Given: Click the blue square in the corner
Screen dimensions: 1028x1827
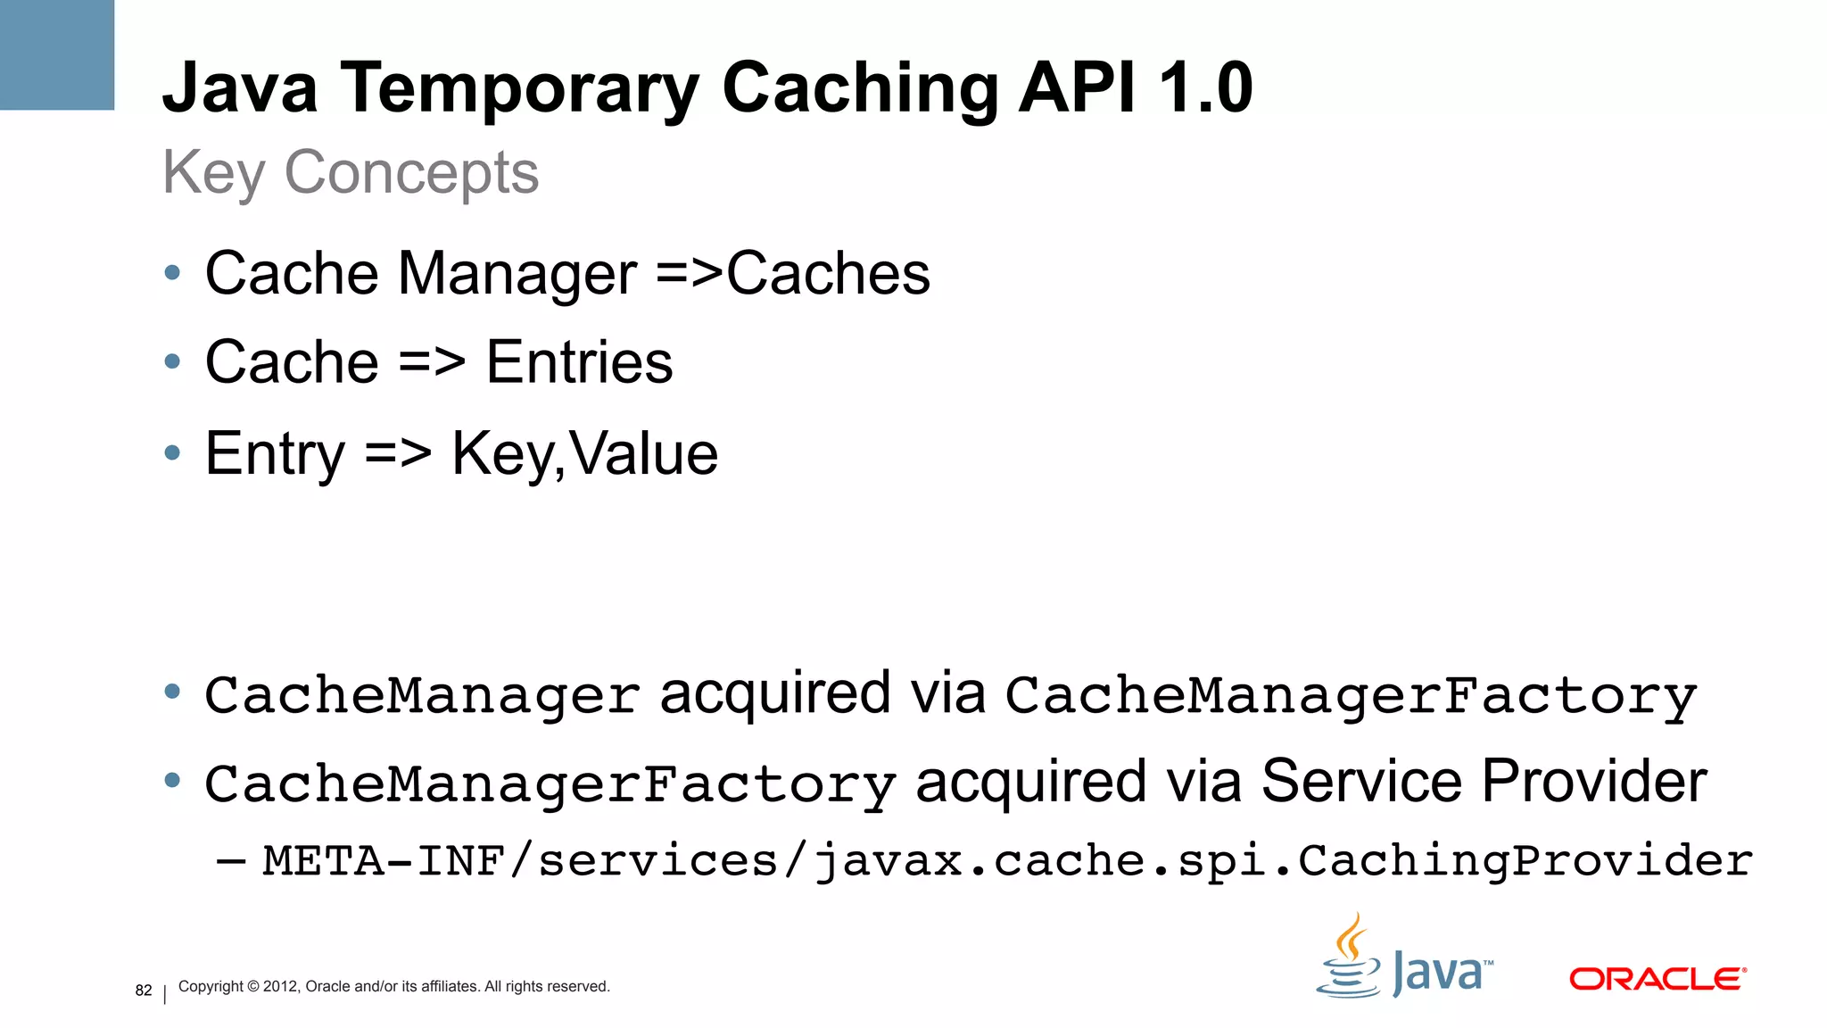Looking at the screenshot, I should (56, 54).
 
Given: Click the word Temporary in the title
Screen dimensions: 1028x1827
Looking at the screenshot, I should (520, 89).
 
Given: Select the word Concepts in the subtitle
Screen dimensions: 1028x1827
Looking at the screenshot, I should (411, 172).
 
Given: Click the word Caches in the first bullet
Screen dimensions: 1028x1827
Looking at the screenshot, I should (828, 273).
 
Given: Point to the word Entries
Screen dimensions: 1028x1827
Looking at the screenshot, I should (579, 362).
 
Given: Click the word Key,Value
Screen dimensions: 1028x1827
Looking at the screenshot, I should (584, 454).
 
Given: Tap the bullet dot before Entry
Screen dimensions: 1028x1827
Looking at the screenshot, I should (172, 452).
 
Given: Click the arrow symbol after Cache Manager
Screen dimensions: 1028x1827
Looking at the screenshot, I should (689, 274).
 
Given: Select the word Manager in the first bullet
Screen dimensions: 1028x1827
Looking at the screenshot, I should (517, 273).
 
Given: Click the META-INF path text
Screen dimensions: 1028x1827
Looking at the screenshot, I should (1007, 861).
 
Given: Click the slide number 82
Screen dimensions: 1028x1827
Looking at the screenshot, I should (144, 991).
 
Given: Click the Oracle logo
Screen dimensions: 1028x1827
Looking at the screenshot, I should (1658, 979).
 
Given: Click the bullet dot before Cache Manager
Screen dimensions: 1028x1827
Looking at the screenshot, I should (172, 272).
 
